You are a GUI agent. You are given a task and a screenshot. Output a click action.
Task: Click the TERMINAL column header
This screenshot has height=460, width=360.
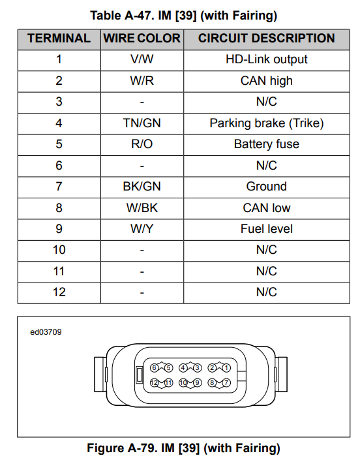pyautogui.click(x=59, y=38)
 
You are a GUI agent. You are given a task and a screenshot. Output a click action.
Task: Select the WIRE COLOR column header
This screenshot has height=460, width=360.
pyautogui.click(x=142, y=38)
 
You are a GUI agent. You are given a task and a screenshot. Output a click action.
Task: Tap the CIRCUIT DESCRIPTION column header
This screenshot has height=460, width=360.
pyautogui.click(x=267, y=38)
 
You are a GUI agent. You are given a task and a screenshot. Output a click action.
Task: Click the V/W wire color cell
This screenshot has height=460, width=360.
pyautogui.click(x=142, y=59)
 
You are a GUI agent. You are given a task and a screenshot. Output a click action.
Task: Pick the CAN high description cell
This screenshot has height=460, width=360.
pyautogui.click(x=267, y=81)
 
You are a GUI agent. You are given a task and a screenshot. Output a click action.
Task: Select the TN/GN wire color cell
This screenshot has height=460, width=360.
pyautogui.click(x=142, y=123)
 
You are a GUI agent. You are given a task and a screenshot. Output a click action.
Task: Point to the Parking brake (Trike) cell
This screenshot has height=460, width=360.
pyautogui.click(x=267, y=123)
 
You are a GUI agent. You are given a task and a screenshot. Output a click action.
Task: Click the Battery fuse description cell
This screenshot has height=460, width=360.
pyautogui.click(x=267, y=144)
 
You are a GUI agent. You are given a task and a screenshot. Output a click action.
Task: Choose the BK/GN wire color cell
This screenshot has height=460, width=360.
pyautogui.click(x=142, y=187)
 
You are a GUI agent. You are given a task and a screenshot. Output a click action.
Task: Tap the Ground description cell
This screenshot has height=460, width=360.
pyautogui.click(x=267, y=187)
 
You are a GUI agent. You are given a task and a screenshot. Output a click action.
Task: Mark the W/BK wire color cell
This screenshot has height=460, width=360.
pyautogui.click(x=142, y=208)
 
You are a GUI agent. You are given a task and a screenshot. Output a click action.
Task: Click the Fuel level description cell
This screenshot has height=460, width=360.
pyautogui.click(x=267, y=229)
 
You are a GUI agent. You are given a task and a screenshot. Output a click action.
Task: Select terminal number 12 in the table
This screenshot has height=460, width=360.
pyautogui.click(x=59, y=292)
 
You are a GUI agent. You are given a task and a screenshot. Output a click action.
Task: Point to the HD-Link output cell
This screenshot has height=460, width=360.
pyautogui.click(x=267, y=59)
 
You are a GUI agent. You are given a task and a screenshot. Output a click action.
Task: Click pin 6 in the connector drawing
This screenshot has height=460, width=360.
pyautogui.click(x=154, y=368)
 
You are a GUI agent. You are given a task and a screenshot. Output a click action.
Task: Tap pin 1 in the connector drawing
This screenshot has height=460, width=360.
pyautogui.click(x=226, y=368)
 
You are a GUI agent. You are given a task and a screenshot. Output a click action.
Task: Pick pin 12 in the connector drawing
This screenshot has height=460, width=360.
pyautogui.click(x=154, y=383)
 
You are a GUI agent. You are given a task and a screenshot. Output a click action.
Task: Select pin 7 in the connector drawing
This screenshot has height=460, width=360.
pyautogui.click(x=226, y=383)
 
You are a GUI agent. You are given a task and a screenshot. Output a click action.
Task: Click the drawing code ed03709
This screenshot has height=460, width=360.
pyautogui.click(x=46, y=332)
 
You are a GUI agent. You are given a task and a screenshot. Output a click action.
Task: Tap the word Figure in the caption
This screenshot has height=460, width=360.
pyautogui.click(x=105, y=448)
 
